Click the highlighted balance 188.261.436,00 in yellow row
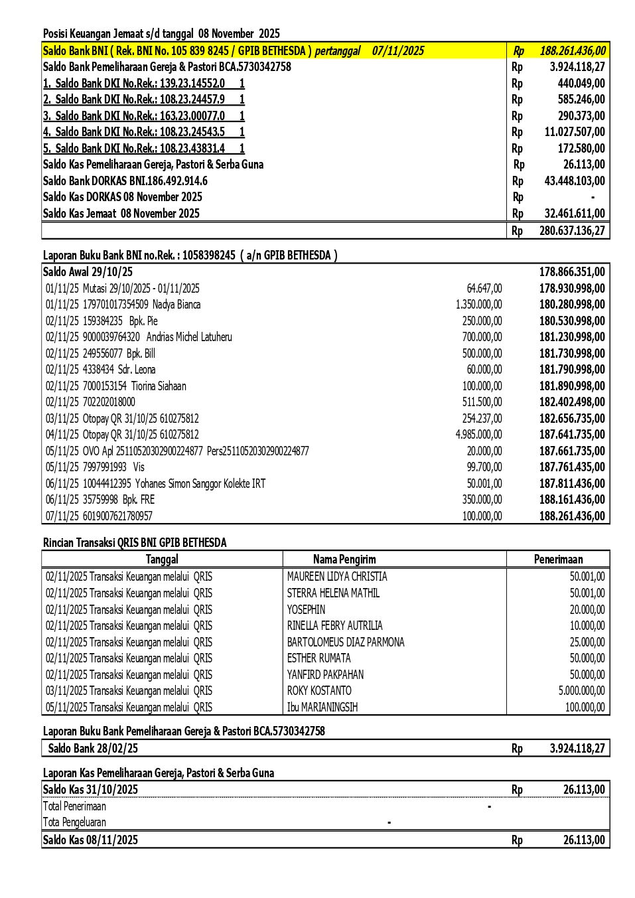click(572, 51)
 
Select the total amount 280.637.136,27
click(572, 231)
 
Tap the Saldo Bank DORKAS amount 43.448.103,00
click(575, 181)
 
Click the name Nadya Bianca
click(176, 305)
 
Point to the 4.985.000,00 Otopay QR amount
click(478, 435)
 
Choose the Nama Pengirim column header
click(344, 560)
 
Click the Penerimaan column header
click(558, 560)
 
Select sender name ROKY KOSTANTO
click(319, 691)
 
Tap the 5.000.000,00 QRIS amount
click(581, 691)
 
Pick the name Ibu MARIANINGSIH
click(322, 708)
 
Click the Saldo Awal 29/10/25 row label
click(88, 272)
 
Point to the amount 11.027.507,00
click(575, 132)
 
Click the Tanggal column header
click(162, 560)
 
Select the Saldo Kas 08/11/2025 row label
click(90, 840)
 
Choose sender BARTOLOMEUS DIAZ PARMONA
click(346, 642)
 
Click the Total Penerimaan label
click(74, 806)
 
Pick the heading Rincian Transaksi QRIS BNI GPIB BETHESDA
click(135, 543)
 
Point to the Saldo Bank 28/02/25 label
click(93, 749)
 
